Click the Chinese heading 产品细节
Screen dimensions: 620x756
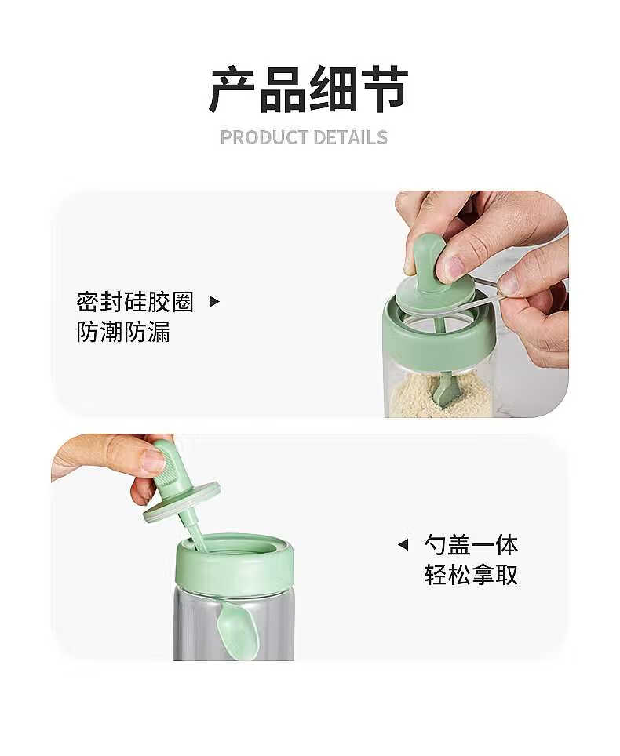(308, 89)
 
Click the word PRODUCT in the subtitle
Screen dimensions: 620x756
(263, 137)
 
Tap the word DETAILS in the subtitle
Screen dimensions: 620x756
(351, 137)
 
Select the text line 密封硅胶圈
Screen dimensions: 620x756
(135, 302)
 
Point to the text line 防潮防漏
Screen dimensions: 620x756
(123, 332)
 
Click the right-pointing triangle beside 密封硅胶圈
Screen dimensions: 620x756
(213, 302)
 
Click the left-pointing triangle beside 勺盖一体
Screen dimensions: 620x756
(403, 545)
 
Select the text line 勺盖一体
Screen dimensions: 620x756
(472, 545)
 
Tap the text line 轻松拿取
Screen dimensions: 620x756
(472, 574)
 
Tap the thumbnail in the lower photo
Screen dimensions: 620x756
(154, 461)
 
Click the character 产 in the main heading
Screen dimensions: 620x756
(232, 89)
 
